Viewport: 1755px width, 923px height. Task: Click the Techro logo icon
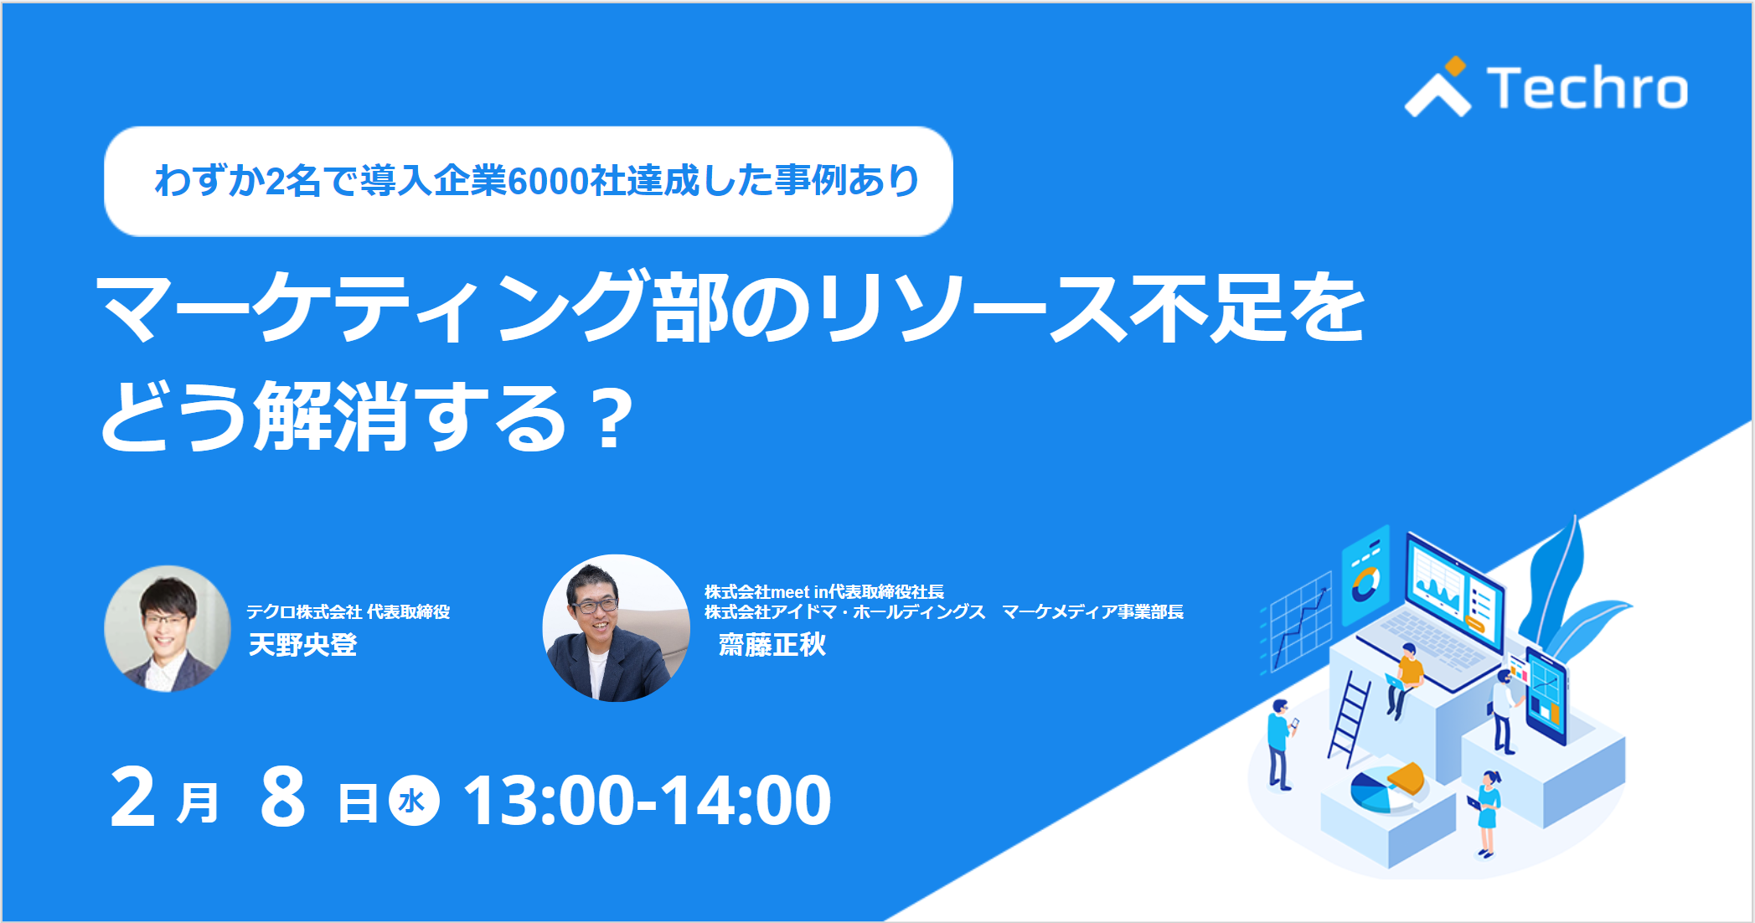[1438, 87]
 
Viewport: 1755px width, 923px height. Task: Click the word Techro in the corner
[1587, 88]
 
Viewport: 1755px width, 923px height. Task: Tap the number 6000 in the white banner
[548, 181]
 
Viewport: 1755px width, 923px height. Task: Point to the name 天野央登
[303, 645]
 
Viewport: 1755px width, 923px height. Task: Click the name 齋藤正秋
[772, 645]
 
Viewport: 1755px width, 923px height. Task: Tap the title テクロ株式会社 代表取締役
[348, 612]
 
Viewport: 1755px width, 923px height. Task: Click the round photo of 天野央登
[168, 629]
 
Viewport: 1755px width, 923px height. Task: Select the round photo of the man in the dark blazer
[617, 628]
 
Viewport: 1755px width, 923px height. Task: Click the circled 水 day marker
[414, 801]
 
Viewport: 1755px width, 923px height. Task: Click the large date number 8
[283, 797]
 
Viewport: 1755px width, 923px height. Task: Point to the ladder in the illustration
[1349, 719]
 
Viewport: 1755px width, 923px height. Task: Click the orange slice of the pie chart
[1407, 777]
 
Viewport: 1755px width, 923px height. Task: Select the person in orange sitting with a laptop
[1405, 679]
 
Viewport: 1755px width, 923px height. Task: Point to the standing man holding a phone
[1280, 745]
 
